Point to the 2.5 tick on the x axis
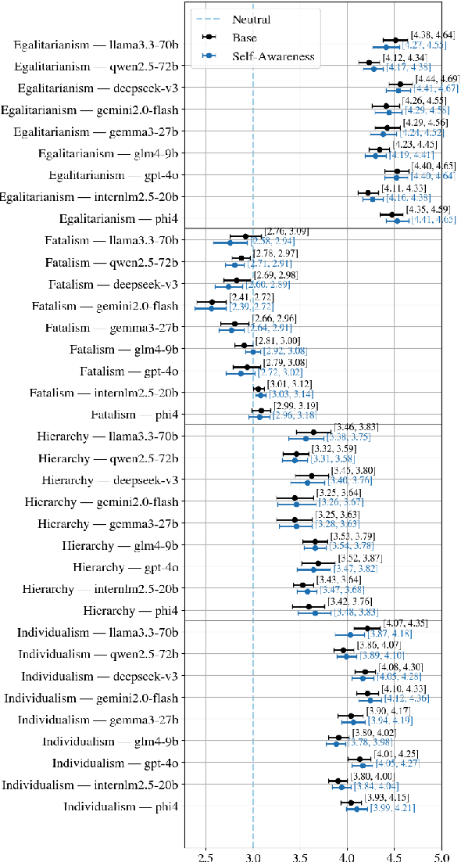click(x=205, y=856)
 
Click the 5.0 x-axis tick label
click(x=442, y=856)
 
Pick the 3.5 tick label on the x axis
click(x=300, y=856)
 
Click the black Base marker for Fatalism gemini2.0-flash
click(x=212, y=302)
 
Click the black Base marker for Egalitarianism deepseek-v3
click(x=401, y=84)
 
